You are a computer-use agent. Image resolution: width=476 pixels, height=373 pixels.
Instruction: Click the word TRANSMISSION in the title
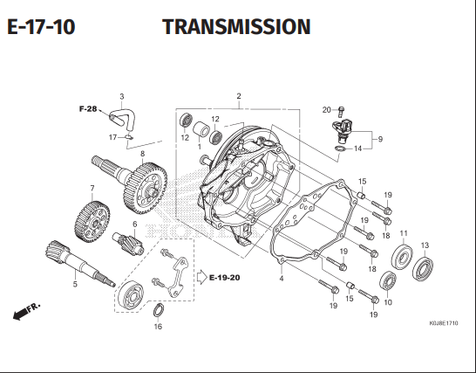click(236, 26)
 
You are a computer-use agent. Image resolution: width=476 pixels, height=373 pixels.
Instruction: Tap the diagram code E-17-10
click(41, 26)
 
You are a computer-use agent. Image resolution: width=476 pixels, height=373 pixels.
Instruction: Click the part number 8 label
click(143, 154)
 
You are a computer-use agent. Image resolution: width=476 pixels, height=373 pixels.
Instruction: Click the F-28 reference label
click(88, 109)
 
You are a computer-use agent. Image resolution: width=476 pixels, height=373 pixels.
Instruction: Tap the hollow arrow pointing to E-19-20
click(201, 278)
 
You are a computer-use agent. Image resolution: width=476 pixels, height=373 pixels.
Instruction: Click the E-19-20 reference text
click(225, 278)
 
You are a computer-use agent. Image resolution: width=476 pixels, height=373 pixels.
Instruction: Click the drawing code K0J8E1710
click(444, 323)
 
